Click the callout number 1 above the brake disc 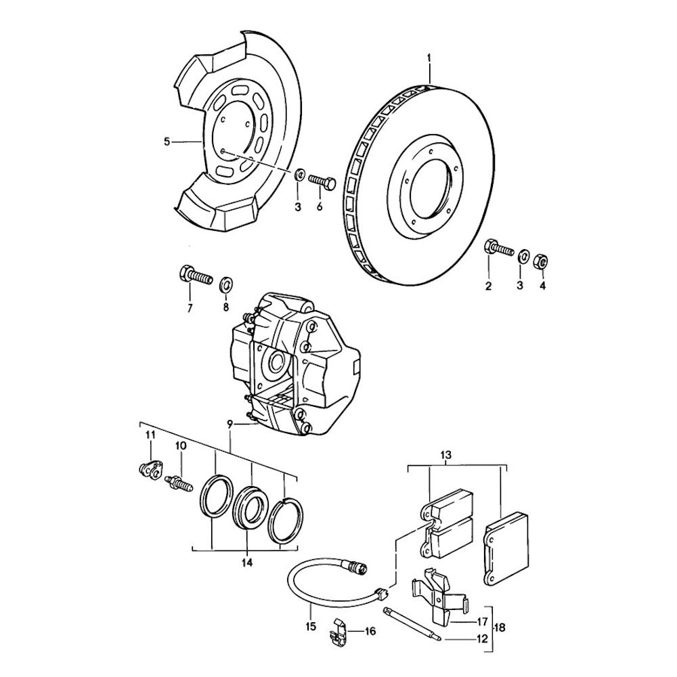tap(429, 57)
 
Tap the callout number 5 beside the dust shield tap(167, 141)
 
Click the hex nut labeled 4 tap(540, 261)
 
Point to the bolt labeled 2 tap(499, 248)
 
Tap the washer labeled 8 tap(225, 284)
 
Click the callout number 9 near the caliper tap(230, 425)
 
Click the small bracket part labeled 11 tap(151, 469)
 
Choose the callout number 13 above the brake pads tap(446, 455)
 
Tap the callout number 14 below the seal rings tap(247, 563)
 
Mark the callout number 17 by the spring tap(481, 621)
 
